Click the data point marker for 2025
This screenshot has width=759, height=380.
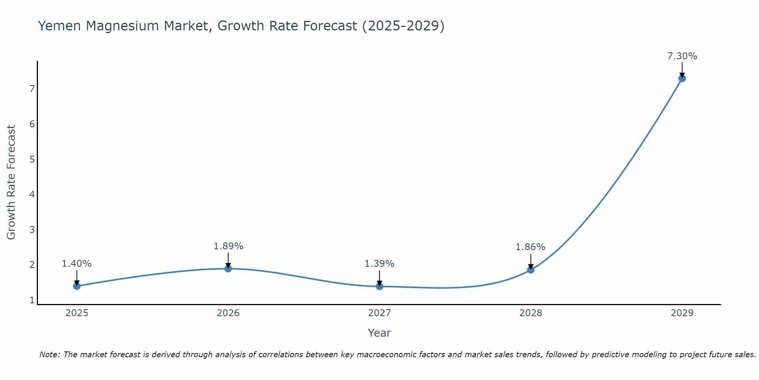click(77, 286)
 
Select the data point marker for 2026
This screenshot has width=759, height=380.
click(228, 269)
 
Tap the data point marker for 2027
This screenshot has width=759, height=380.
click(379, 286)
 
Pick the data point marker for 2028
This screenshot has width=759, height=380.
click(531, 270)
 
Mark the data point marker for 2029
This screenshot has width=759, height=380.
click(682, 78)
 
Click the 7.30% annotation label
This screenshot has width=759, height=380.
click(682, 56)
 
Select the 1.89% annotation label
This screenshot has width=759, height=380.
click(228, 246)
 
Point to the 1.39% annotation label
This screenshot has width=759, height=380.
click(379, 264)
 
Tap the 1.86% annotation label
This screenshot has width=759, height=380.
click(531, 247)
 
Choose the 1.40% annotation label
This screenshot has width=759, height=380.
click(77, 264)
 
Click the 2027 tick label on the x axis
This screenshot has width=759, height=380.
click(379, 313)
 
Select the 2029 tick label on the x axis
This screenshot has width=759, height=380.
click(682, 313)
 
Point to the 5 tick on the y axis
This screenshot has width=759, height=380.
click(32, 159)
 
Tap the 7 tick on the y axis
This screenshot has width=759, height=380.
click(32, 89)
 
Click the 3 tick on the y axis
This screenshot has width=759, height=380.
click(32, 230)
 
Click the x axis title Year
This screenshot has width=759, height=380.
click(379, 333)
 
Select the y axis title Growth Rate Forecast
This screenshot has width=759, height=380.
click(11, 182)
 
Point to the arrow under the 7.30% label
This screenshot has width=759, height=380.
click(682, 70)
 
